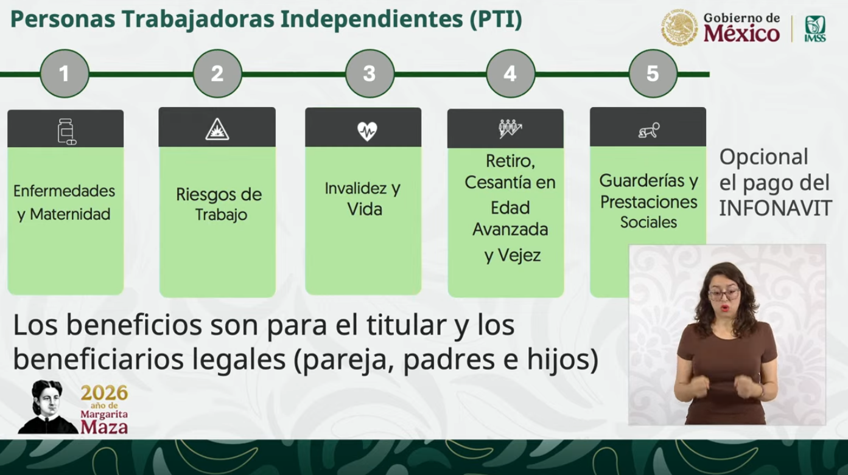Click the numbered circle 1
(65, 74)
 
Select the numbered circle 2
(217, 74)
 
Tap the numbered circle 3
(370, 74)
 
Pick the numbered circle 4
(511, 74)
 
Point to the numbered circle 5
(653, 74)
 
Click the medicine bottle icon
(66, 131)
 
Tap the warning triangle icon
(217, 130)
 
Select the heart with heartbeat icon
(367, 131)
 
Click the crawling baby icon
(650, 131)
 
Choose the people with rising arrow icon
(510, 130)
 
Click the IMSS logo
(815, 29)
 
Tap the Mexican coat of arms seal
(679, 28)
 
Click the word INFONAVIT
(776, 208)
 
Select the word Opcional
(763, 158)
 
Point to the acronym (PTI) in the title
(496, 19)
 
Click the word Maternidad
(70, 214)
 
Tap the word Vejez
(519, 255)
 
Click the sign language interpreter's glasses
(723, 294)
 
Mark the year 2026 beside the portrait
(104, 393)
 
